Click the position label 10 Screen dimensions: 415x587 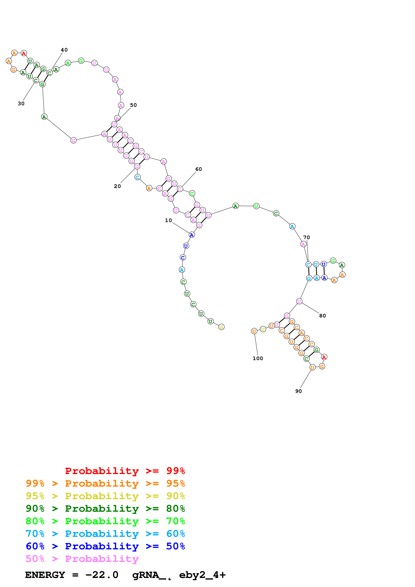click(x=168, y=220)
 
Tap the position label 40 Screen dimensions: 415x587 click(x=64, y=50)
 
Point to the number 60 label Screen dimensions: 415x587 click(x=198, y=169)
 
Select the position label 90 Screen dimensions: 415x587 click(x=298, y=391)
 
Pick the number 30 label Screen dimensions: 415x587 click(x=21, y=104)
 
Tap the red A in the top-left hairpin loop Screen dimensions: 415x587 click(x=24, y=53)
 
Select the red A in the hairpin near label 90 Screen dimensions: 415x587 click(x=324, y=357)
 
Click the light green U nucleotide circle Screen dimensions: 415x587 click(x=256, y=206)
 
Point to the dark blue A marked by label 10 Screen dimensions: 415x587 click(x=192, y=235)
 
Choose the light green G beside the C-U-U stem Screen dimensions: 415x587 click(x=333, y=261)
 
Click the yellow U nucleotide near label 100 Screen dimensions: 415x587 click(x=263, y=329)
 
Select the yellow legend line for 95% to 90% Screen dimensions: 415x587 click(x=105, y=496)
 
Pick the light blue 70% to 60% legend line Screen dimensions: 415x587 click(x=105, y=534)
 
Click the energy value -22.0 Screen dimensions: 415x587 click(x=102, y=575)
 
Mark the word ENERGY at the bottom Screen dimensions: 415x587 click(x=45, y=575)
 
